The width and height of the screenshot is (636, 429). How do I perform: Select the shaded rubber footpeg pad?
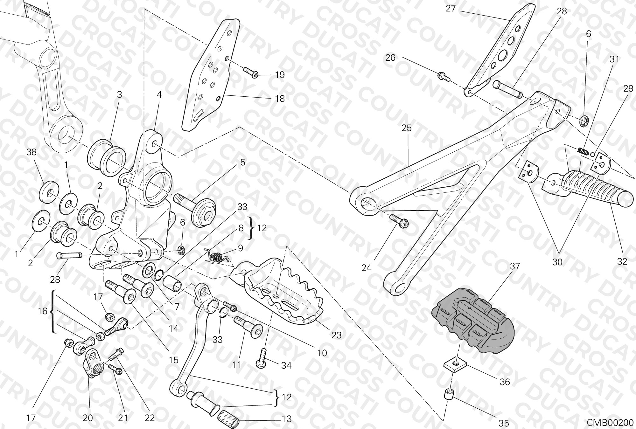point(473,319)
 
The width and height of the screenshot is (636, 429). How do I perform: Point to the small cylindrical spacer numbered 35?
point(449,395)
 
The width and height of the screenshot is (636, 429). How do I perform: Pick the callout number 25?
point(406,128)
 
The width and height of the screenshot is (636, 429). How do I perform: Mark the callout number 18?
point(280,99)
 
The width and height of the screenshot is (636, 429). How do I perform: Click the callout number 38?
point(31,152)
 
